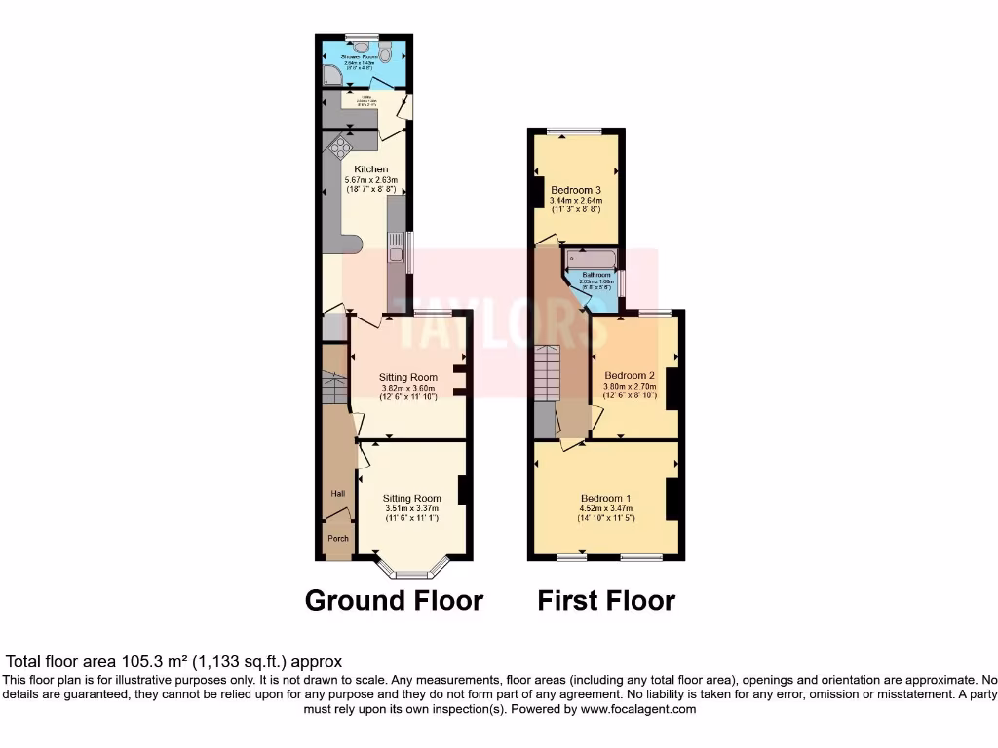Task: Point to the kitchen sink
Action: [397, 254]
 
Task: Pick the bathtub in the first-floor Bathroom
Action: [591, 259]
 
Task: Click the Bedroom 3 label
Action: [575, 189]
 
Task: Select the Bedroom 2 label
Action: [629, 375]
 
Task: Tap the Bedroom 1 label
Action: [605, 498]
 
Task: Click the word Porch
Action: [338, 539]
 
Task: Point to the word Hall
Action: [337, 495]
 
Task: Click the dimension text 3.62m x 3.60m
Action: [409, 388]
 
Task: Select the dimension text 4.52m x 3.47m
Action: [605, 508]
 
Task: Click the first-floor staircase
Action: [547, 372]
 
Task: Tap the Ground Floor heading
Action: [394, 600]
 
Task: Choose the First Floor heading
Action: [606, 600]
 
